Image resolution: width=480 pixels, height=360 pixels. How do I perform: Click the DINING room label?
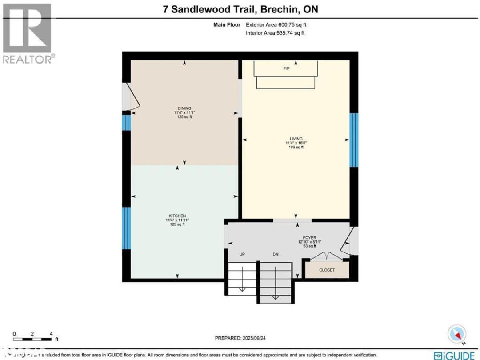pos(184,108)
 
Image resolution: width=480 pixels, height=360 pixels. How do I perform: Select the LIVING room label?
pos(296,139)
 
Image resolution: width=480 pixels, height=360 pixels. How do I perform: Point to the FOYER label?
pos(309,237)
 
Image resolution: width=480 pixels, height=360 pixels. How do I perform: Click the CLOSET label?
pos(327,270)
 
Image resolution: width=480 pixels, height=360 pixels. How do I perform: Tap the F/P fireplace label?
pos(286,69)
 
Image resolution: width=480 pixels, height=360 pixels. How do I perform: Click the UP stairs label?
pos(242,254)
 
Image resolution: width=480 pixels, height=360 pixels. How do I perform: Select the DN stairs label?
pos(275,254)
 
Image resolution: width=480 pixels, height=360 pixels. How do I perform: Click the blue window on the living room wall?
pos(354,140)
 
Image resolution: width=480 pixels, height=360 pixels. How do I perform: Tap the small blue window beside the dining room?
pos(127,122)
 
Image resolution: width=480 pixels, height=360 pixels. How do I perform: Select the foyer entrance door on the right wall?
pos(349,242)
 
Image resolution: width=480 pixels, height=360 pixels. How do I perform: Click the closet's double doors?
pos(327,256)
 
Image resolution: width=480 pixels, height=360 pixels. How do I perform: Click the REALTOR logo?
pos(27,33)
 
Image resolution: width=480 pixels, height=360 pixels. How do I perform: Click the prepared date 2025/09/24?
pos(240,338)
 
